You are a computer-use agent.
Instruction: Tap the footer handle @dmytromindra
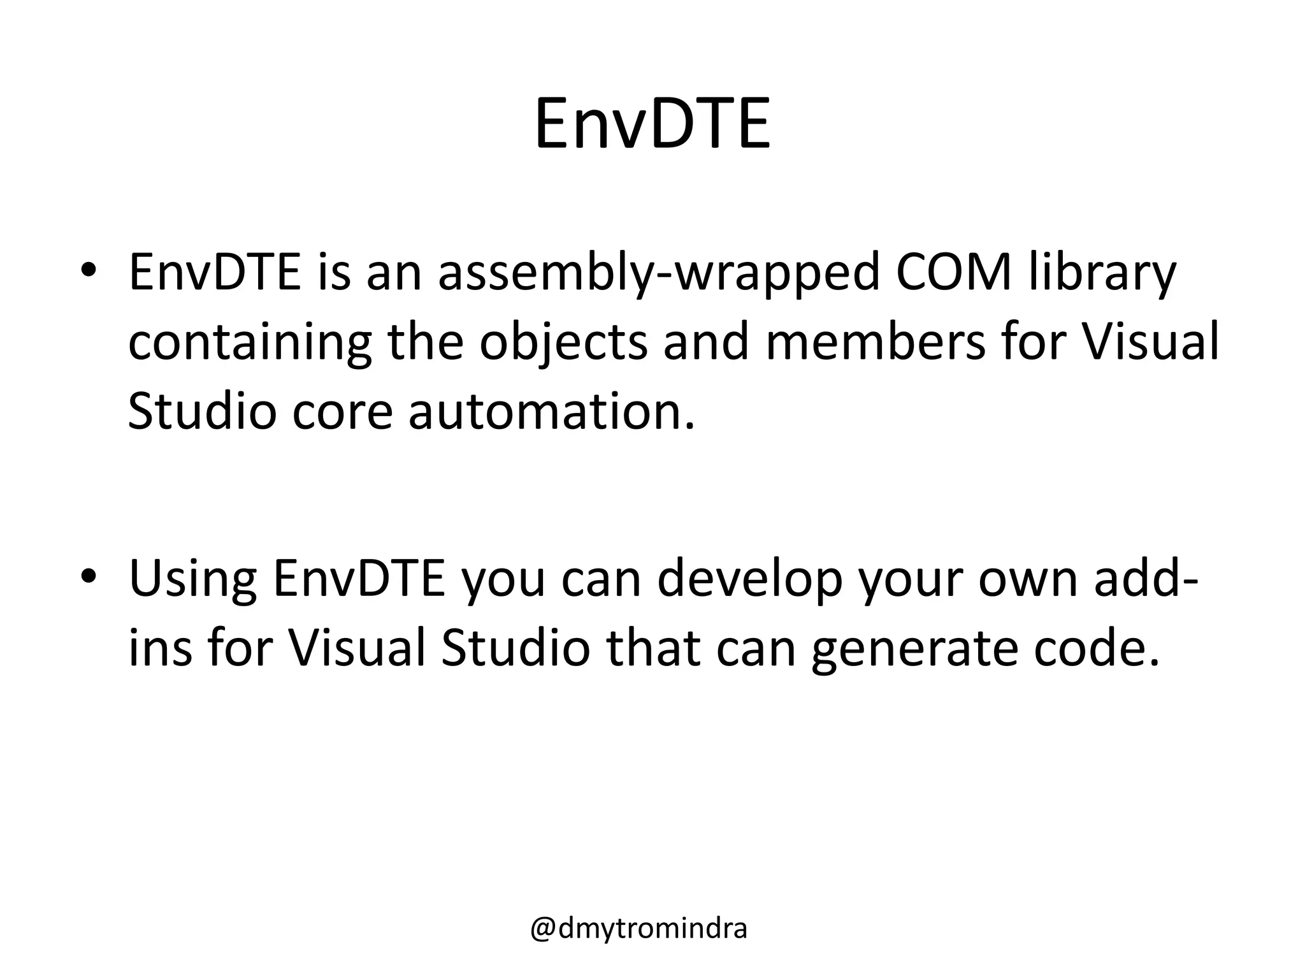tap(638, 929)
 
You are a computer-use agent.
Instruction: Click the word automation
tap(551, 412)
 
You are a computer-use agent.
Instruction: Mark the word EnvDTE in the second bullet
tap(359, 579)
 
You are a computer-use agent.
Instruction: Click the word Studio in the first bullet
tap(202, 412)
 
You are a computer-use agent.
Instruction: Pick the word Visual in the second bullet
tap(356, 649)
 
